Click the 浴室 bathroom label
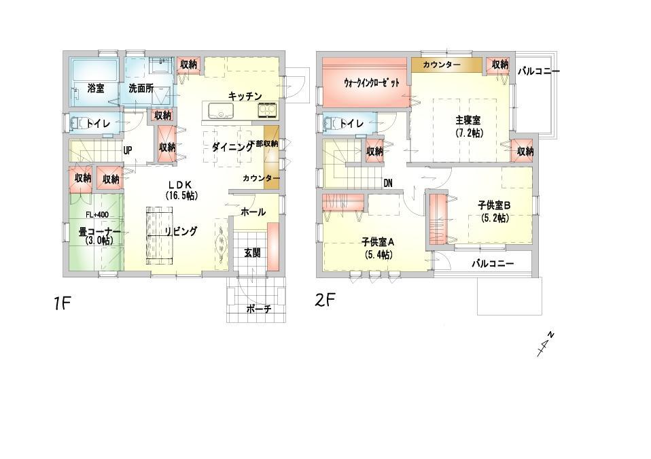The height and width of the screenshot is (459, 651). pyautogui.click(x=95, y=88)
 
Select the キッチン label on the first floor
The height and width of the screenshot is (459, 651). pyautogui.click(x=245, y=96)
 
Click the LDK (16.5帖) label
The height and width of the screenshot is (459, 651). pyautogui.click(x=181, y=189)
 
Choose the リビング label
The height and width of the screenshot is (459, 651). pyautogui.click(x=181, y=231)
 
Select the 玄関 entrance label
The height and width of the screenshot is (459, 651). pyautogui.click(x=252, y=252)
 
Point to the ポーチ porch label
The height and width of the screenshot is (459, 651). pyautogui.click(x=259, y=309)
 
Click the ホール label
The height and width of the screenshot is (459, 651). pyautogui.click(x=253, y=212)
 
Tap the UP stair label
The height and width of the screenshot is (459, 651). pyautogui.click(x=128, y=150)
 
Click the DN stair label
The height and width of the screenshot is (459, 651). pyautogui.click(x=387, y=183)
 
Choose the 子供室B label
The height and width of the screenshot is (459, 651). pyautogui.click(x=494, y=211)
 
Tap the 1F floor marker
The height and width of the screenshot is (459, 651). pyautogui.click(x=63, y=303)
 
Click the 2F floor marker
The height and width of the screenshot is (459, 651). pyautogui.click(x=325, y=300)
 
